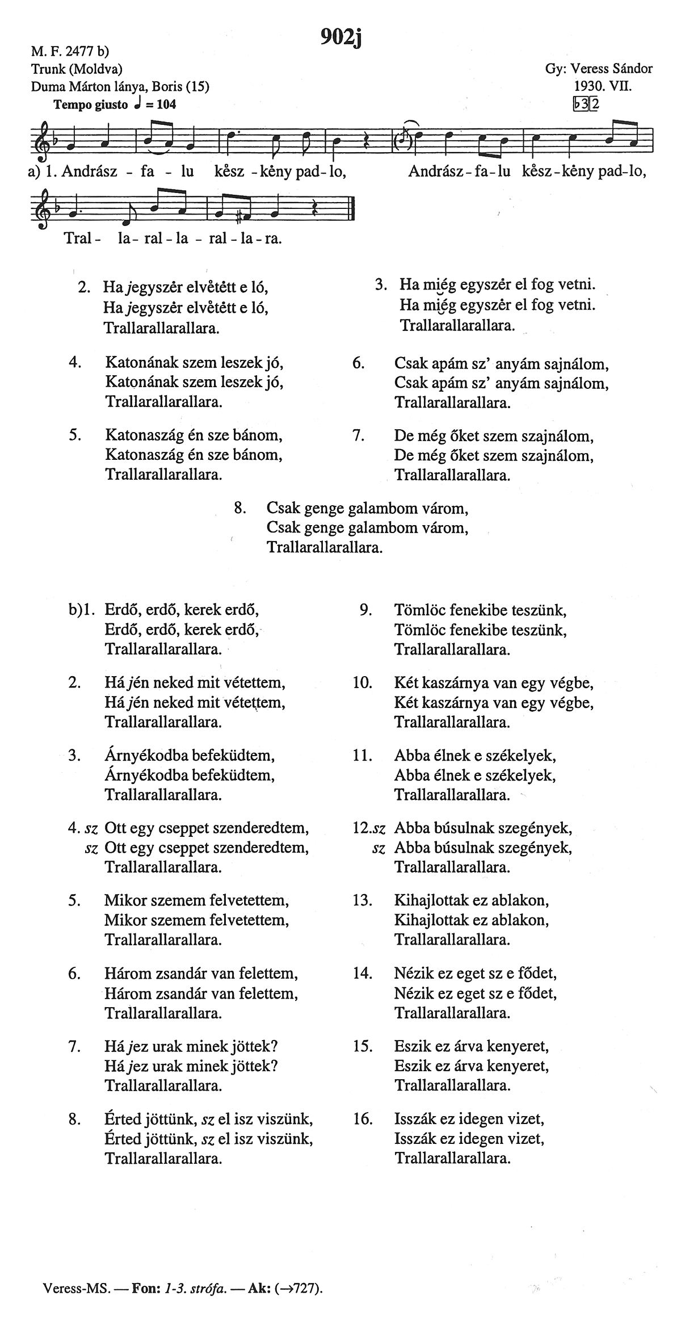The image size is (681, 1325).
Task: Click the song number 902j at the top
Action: (341, 36)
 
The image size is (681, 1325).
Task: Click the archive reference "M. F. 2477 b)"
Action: (70, 52)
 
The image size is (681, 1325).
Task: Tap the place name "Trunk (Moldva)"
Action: (77, 69)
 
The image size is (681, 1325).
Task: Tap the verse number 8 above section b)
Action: (239, 507)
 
